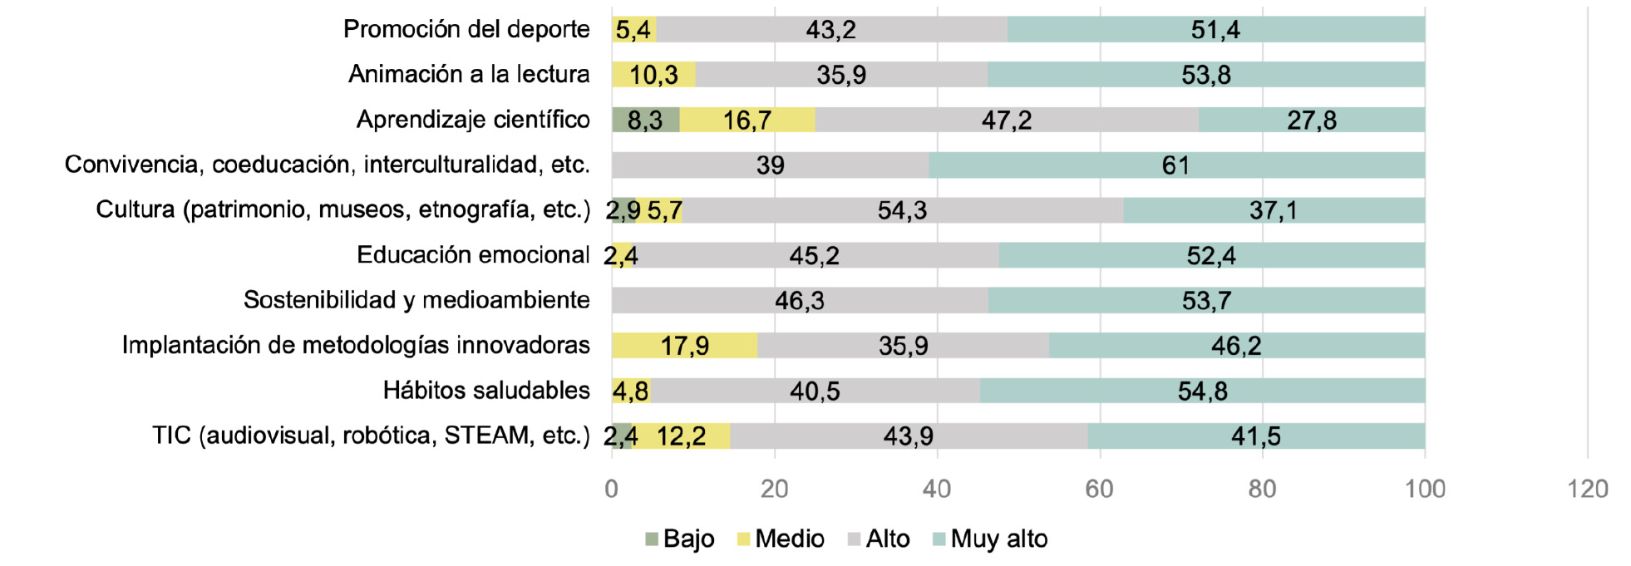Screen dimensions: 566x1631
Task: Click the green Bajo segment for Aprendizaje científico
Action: [645, 120]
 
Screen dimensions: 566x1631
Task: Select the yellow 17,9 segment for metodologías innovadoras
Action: [684, 345]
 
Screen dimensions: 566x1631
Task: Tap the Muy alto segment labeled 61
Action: [1176, 165]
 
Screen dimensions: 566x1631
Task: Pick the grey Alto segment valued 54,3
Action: [903, 210]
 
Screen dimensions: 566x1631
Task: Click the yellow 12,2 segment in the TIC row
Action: [681, 436]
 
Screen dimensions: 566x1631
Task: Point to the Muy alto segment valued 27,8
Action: [1312, 120]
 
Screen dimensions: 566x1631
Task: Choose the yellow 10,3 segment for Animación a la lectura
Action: [653, 75]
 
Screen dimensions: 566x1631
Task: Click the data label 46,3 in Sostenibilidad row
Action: [800, 300]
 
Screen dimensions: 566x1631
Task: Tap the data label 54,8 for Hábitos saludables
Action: [1202, 391]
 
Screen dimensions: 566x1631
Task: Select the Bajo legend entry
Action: [680, 539]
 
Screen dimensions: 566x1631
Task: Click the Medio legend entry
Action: [781, 539]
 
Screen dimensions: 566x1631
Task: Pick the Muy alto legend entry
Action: [990, 539]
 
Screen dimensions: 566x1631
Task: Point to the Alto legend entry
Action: [879, 539]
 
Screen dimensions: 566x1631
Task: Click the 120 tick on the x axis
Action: [1587, 489]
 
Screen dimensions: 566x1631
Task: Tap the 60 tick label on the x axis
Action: [1099, 489]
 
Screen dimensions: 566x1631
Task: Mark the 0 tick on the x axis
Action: [612, 489]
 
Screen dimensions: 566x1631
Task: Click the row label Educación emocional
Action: [473, 254]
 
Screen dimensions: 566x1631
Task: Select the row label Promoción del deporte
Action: [466, 29]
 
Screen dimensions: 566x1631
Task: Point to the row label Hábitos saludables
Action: [486, 390]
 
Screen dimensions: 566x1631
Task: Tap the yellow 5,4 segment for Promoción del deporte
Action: [633, 30]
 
